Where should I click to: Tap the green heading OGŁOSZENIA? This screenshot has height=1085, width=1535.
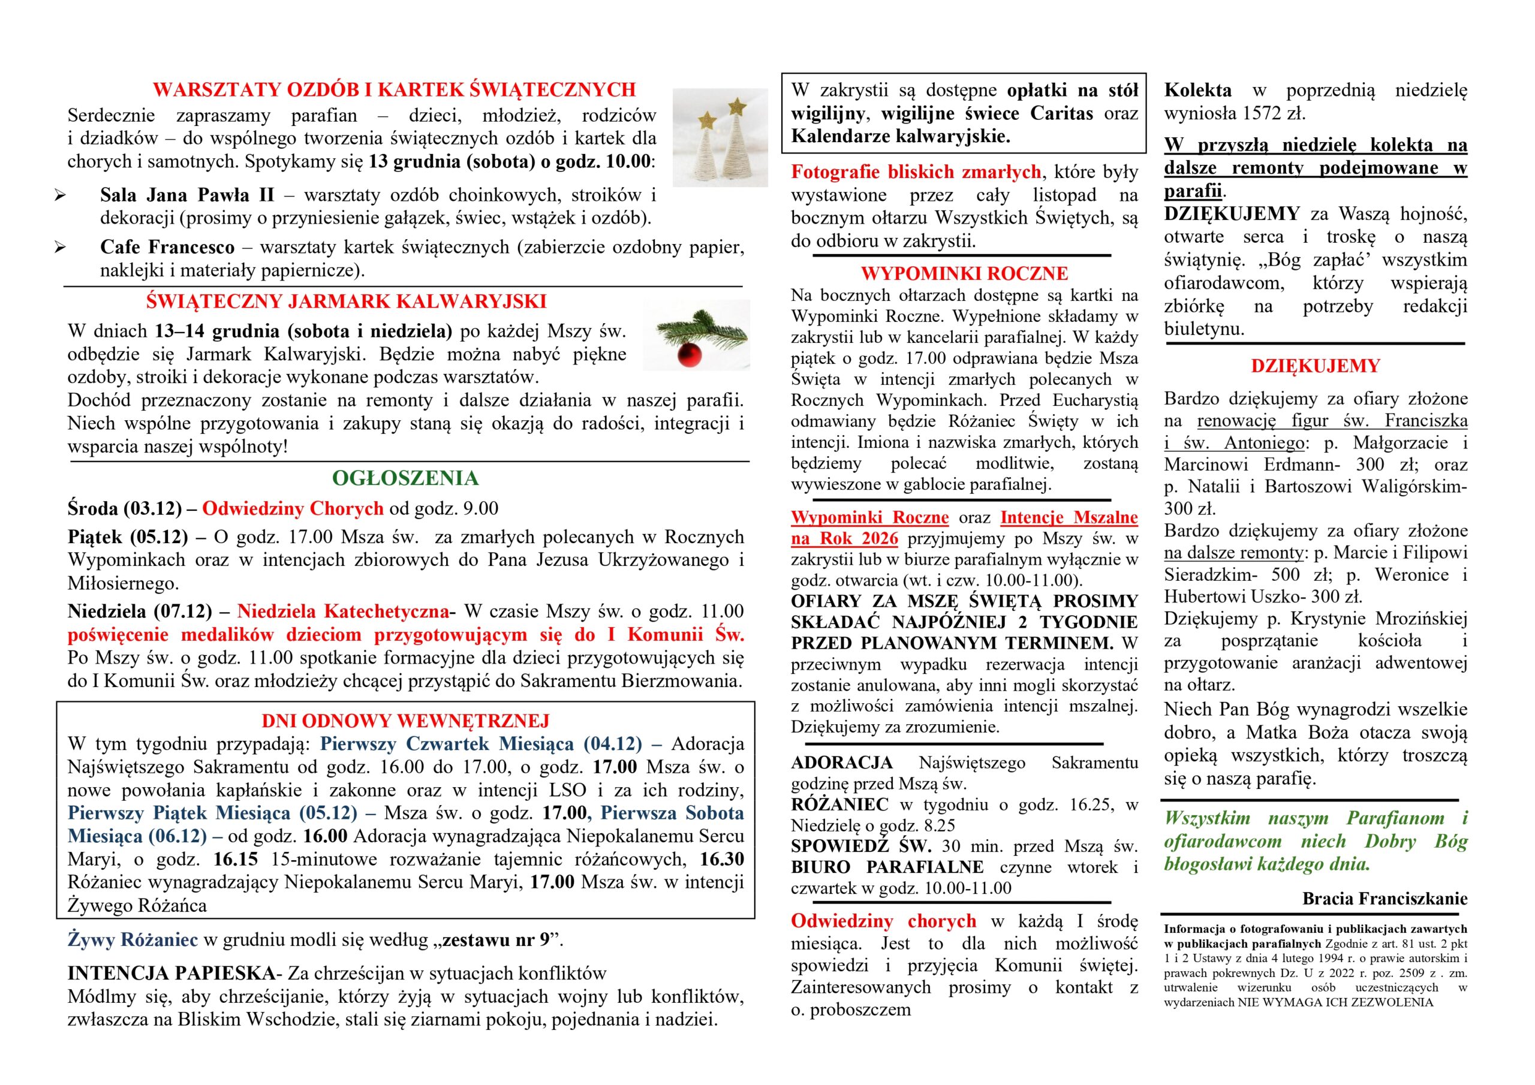point(405,478)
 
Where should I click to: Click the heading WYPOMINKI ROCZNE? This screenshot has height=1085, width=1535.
point(964,273)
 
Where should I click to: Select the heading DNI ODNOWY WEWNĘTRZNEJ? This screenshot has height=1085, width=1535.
point(405,721)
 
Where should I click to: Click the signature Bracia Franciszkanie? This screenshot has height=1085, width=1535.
point(1384,899)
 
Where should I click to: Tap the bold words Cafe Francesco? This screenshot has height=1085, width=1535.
point(167,248)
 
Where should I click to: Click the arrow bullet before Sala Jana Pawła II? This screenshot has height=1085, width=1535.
point(60,196)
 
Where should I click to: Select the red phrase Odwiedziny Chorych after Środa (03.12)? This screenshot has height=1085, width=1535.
point(293,509)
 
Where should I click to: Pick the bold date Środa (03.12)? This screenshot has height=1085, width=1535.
point(124,509)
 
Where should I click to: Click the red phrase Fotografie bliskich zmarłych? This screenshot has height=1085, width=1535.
point(915,173)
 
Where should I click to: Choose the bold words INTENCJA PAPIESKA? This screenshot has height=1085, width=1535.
point(171,974)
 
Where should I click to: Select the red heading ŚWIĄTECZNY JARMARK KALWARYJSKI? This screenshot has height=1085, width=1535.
point(347,302)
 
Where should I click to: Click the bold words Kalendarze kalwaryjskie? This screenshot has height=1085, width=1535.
point(900,137)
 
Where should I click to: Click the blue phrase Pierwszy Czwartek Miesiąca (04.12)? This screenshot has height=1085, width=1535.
point(481,744)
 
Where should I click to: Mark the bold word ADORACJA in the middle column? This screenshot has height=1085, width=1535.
point(842,762)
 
